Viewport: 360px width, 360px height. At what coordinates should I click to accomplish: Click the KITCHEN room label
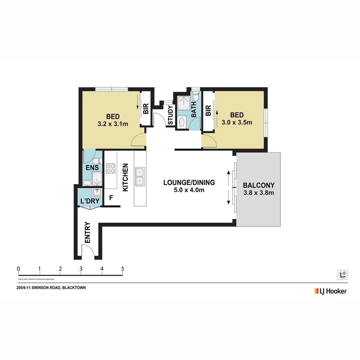click(126, 177)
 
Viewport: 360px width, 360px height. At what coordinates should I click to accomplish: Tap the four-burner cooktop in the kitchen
click(110, 169)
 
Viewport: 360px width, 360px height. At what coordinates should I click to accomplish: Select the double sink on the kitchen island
click(140, 177)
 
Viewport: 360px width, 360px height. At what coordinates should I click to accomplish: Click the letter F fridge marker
click(111, 198)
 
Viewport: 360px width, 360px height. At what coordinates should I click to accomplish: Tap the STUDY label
click(170, 115)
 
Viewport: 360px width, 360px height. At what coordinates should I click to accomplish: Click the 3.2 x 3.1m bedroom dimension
click(113, 124)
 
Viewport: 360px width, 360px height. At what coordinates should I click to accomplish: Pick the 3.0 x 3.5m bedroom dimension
click(237, 122)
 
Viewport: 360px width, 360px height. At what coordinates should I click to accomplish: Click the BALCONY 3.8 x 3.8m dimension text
click(258, 193)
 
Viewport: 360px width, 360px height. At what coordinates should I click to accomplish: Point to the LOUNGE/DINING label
click(189, 182)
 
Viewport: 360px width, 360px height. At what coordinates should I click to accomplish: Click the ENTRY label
click(88, 232)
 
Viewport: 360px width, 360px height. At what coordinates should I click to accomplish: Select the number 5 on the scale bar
click(123, 269)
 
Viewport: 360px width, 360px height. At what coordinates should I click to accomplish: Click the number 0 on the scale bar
click(18, 269)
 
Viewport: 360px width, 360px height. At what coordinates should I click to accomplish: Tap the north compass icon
click(342, 274)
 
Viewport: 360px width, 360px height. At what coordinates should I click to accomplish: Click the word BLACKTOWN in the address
click(74, 288)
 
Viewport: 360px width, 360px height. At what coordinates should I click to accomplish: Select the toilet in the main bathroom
click(196, 97)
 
